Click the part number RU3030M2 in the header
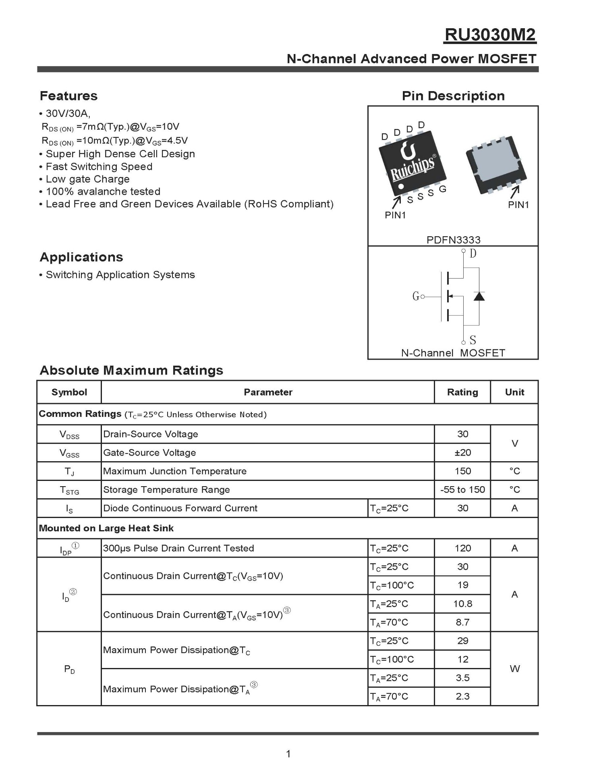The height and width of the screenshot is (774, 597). click(490, 35)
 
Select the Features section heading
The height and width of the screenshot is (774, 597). click(68, 96)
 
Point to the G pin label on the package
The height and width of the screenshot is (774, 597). click(443, 189)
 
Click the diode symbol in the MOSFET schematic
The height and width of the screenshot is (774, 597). click(479, 296)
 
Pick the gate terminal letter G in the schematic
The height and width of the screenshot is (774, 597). click(416, 296)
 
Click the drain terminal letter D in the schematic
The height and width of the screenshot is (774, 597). click(473, 253)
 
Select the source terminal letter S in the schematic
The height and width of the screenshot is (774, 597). click(473, 340)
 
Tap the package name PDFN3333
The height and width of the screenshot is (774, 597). click(453, 240)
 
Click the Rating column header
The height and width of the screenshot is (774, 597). click(462, 392)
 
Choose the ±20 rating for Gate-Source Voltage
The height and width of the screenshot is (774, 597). click(462, 453)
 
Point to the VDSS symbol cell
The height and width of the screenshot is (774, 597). click(69, 435)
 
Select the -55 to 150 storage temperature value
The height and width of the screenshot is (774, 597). click(462, 490)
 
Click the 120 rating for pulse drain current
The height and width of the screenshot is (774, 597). click(462, 548)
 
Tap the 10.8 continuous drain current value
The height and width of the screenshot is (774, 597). click(462, 604)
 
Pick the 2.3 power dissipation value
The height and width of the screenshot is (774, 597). click(462, 696)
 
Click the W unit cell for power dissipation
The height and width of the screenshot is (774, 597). click(514, 669)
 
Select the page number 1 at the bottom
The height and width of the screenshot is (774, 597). click(288, 753)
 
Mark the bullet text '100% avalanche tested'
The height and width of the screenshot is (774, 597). click(103, 191)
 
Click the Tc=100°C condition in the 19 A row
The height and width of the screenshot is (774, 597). click(392, 585)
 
